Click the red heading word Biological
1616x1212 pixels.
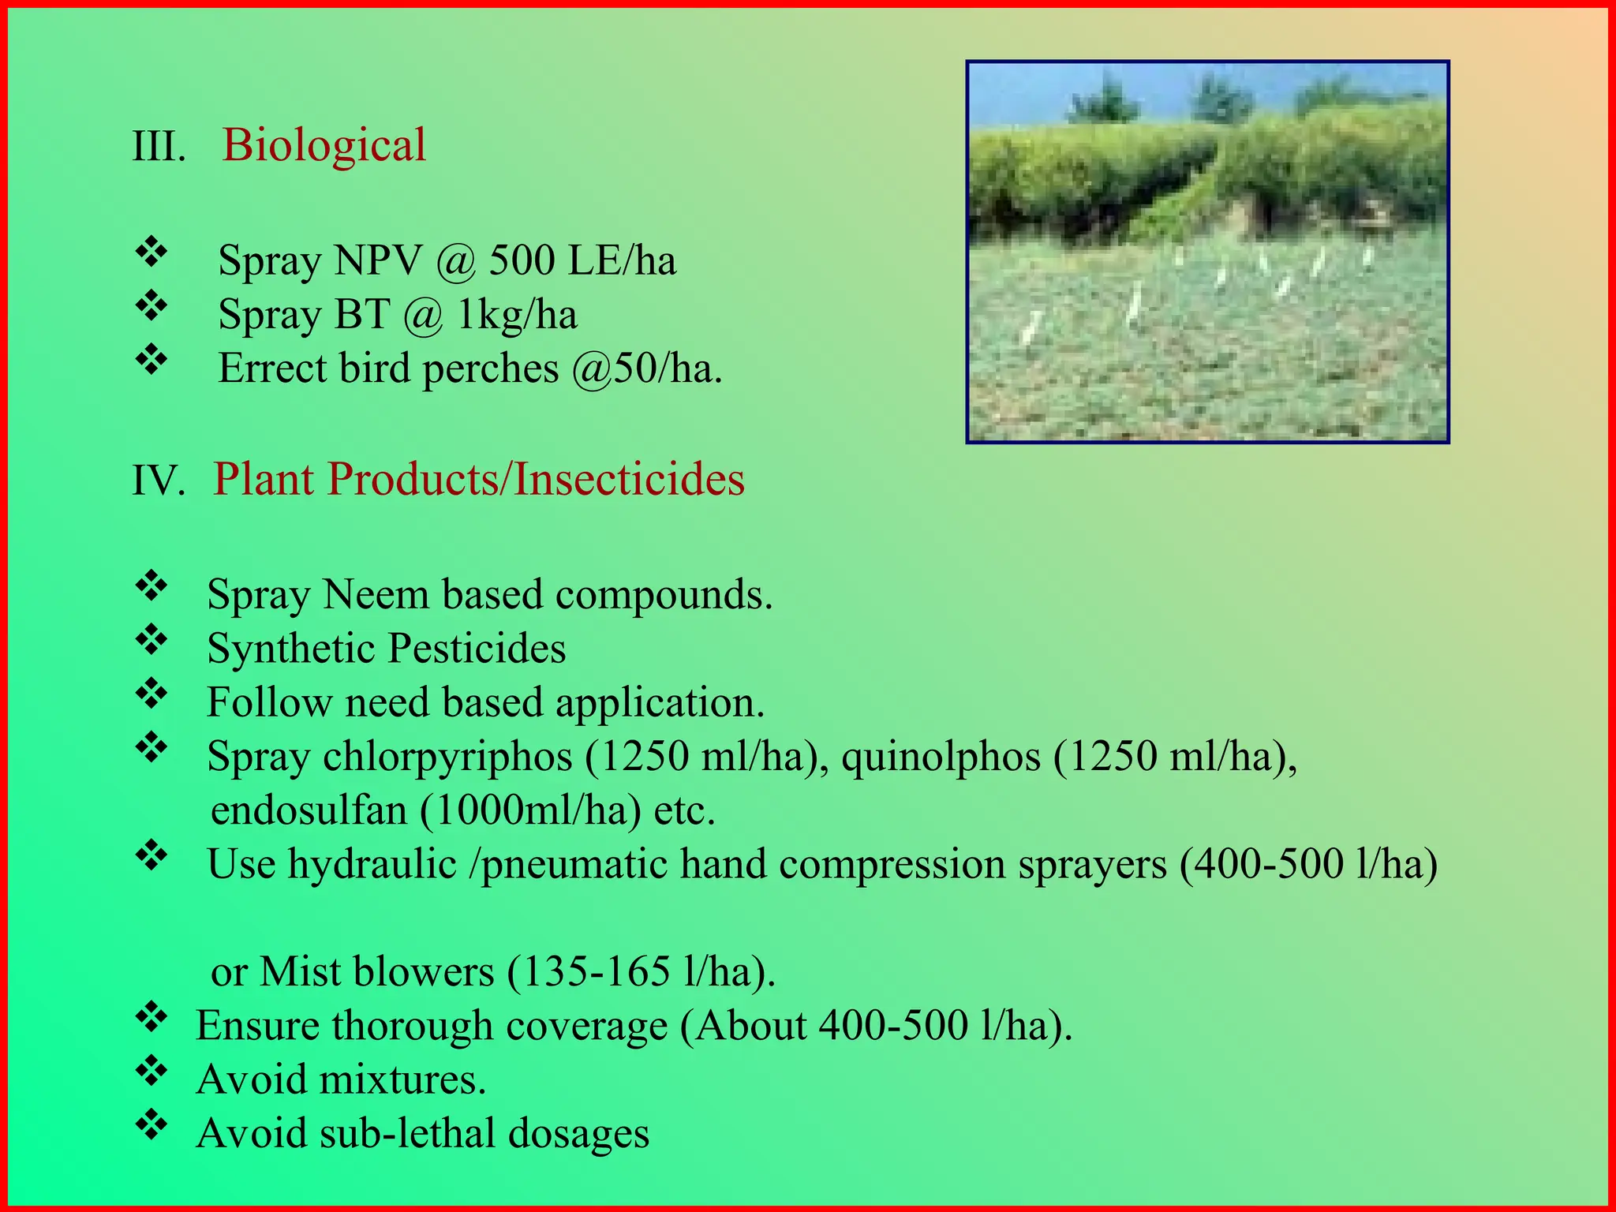click(x=324, y=145)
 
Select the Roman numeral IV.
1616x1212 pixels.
click(x=159, y=481)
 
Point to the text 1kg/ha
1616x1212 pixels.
click(x=518, y=314)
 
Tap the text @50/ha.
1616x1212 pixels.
click(x=646, y=368)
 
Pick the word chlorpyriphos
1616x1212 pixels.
click(x=447, y=757)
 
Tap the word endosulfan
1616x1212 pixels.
click(x=309, y=810)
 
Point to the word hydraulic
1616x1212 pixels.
click(x=372, y=864)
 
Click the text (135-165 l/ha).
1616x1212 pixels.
click(x=641, y=971)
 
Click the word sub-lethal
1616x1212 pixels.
click(x=406, y=1134)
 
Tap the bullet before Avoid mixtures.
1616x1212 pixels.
click(x=151, y=1072)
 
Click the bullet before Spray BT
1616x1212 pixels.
click(x=151, y=306)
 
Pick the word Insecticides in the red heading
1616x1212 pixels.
click(x=629, y=479)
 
